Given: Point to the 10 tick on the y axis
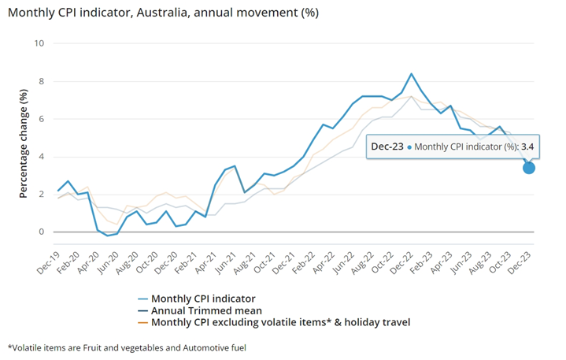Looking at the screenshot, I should (39, 43).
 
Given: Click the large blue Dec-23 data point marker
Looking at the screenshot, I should (529, 167).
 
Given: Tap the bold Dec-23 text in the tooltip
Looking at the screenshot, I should (387, 147).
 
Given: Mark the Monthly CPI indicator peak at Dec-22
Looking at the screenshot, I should (411, 74).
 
